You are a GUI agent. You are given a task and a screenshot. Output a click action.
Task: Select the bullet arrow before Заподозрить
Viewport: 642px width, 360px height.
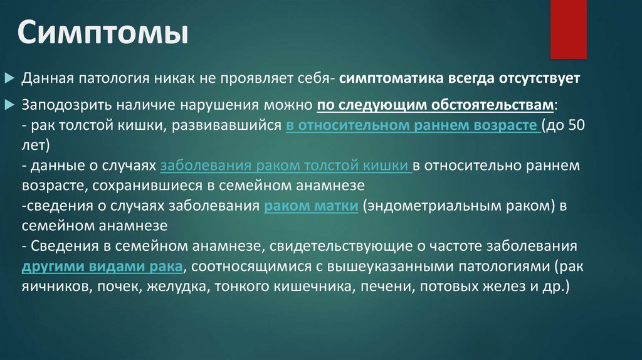pyautogui.click(x=9, y=103)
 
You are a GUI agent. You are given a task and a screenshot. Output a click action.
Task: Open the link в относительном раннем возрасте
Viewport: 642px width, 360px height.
pyautogui.click(x=412, y=124)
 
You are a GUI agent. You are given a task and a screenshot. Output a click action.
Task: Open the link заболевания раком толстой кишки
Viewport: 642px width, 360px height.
pyautogui.click(x=285, y=165)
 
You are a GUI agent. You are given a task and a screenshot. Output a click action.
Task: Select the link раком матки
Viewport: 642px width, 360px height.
pyautogui.click(x=311, y=206)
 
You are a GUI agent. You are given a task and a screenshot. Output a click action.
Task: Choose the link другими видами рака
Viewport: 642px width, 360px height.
pyautogui.click(x=103, y=266)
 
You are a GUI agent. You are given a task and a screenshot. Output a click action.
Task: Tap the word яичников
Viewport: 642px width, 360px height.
pyautogui.click(x=50, y=287)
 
